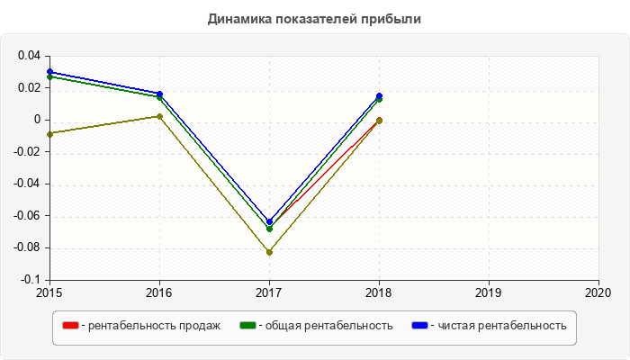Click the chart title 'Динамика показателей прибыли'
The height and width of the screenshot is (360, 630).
click(314, 18)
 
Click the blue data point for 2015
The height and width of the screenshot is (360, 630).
click(49, 71)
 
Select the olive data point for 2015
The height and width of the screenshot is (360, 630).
click(49, 134)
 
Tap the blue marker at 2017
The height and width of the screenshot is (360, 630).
click(269, 221)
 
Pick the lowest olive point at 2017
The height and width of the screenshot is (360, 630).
click(269, 252)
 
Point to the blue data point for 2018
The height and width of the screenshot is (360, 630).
click(379, 96)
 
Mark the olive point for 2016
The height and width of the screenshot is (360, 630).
click(159, 116)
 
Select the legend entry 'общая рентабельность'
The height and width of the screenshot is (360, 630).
click(325, 325)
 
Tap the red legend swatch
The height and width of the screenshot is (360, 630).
click(69, 325)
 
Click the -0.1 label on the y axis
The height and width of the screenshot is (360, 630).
click(31, 280)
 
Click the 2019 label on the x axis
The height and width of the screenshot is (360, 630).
click(489, 292)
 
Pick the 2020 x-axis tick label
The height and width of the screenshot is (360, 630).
click(598, 292)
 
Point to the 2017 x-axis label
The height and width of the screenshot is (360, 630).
click(269, 292)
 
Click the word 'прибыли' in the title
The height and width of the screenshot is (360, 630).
click(396, 18)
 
